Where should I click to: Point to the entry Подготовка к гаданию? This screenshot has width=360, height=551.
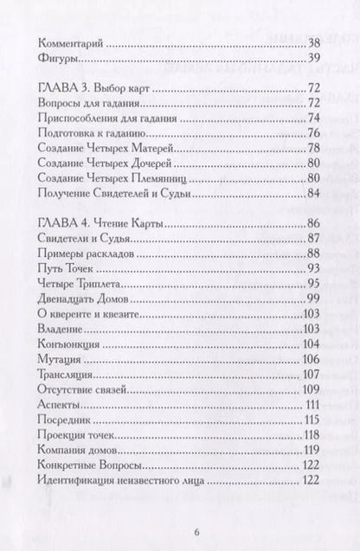[x=91, y=131]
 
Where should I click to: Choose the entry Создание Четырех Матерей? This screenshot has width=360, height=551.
[x=105, y=148]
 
